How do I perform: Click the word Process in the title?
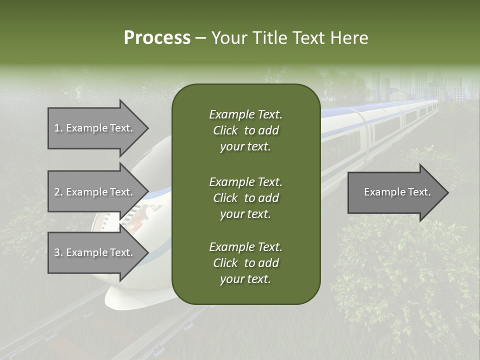click(x=157, y=38)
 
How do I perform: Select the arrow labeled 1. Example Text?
click(x=95, y=128)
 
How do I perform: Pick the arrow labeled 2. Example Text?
click(x=95, y=192)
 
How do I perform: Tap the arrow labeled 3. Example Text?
click(x=95, y=252)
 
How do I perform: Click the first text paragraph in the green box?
click(x=245, y=130)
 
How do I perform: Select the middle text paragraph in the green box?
click(x=245, y=198)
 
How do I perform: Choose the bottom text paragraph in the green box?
click(x=245, y=263)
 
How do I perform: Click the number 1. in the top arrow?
click(x=58, y=128)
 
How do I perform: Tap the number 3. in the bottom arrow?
click(x=58, y=252)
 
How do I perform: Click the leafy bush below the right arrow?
click(x=400, y=280)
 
